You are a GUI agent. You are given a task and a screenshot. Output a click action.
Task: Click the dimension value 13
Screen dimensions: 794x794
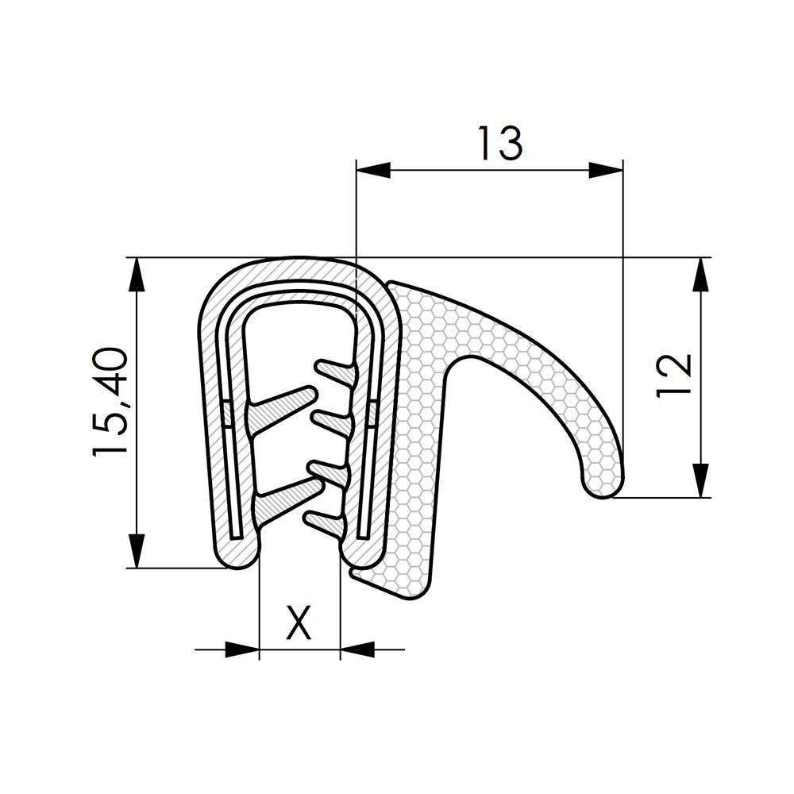[499, 144]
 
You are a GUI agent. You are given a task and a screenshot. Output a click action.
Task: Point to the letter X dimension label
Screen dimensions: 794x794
[299, 622]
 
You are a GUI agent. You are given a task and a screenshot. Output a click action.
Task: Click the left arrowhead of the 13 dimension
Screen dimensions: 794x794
[374, 170]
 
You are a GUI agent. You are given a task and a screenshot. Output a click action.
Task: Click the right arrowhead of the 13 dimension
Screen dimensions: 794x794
[606, 170]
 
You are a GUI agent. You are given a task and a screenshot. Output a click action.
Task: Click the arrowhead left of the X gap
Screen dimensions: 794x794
[242, 650]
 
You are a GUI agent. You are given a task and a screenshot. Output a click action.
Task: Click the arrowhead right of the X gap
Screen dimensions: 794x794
[357, 650]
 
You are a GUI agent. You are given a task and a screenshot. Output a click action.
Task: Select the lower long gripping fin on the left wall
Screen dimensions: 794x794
[282, 497]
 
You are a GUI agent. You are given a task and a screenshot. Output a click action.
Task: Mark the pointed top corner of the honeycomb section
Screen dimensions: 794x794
[392, 283]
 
